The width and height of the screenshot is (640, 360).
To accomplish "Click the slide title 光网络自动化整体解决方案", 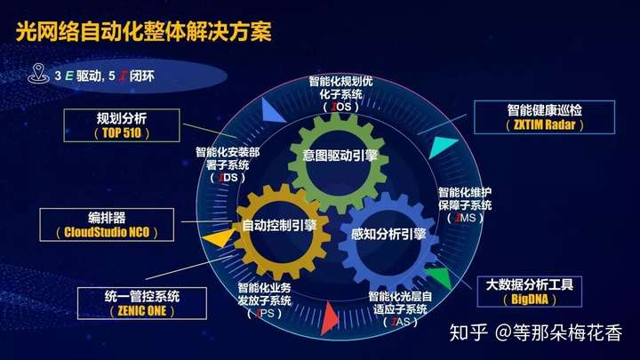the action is pos(144,31).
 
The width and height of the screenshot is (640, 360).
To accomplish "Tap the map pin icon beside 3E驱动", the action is pos(38,74).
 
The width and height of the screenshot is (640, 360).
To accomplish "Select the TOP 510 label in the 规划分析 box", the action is pos(122,132).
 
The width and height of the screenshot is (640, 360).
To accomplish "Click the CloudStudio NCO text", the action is pos(107,232).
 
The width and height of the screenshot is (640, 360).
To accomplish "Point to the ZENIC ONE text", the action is pos(142,311).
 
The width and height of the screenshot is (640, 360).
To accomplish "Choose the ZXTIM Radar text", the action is pos(545,124).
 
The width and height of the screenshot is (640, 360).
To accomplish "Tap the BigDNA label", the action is pos(530,300).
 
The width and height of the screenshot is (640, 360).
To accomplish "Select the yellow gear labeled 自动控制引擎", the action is pos(282,231).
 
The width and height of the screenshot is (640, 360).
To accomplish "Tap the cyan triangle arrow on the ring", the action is pos(442,147).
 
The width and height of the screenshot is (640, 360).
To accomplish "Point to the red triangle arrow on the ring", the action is pos(329,318).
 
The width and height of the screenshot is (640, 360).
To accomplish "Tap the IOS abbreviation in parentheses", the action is pos(341,107).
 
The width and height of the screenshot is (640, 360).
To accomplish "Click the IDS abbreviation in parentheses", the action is pos(228,178).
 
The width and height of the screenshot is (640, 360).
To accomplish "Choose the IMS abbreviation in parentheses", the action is pos(465,218).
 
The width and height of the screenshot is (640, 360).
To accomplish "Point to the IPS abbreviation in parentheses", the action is pos(265,314).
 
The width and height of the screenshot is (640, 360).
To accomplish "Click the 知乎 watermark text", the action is pos(468,332).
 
